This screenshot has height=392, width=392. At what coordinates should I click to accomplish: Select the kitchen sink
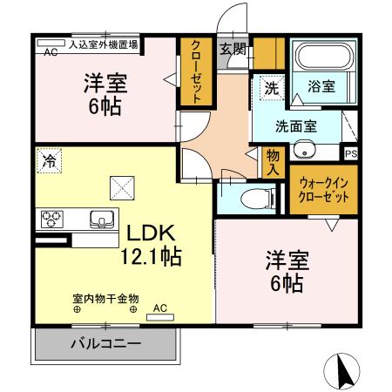(98, 219)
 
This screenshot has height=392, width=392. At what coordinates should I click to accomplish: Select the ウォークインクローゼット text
(324, 190)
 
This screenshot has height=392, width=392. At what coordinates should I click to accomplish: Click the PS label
(351, 154)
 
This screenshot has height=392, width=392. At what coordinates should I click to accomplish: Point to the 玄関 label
(231, 48)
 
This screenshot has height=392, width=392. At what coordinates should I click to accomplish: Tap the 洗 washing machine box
(271, 87)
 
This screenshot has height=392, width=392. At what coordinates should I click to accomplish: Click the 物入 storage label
(273, 162)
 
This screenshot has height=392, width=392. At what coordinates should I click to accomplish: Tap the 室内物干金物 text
(105, 297)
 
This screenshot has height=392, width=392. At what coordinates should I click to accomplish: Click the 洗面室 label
(296, 125)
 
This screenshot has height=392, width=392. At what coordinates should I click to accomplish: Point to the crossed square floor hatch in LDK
(120, 186)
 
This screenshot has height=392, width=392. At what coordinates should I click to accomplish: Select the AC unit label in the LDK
(160, 308)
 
